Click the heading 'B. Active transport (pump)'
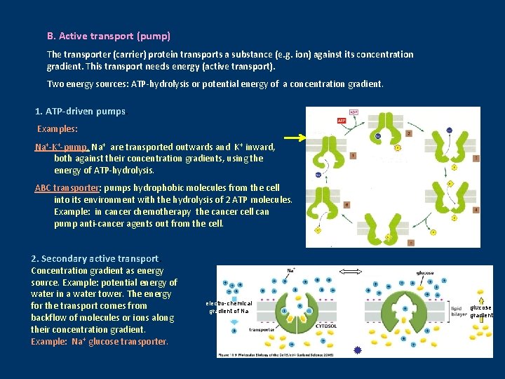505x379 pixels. (x=108, y=36)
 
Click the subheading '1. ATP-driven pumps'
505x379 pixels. (x=80, y=112)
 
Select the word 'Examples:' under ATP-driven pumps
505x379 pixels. (x=58, y=129)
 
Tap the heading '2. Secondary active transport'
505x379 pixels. (x=95, y=259)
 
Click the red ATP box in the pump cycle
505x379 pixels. (x=341, y=121)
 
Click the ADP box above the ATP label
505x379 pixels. (x=353, y=112)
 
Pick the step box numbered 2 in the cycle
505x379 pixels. (x=408, y=132)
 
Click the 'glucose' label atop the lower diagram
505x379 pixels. (x=423, y=273)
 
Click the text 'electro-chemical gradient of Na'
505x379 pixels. (x=227, y=307)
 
